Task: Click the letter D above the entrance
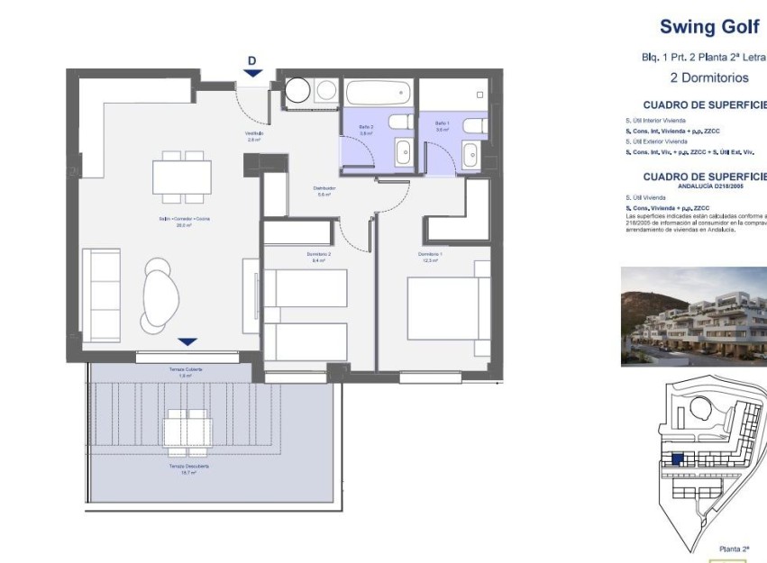click(x=252, y=60)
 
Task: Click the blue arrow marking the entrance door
click(x=252, y=74)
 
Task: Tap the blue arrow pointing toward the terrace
click(x=187, y=341)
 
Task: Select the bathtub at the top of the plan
click(x=379, y=93)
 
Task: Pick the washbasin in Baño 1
click(x=470, y=156)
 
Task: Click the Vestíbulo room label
click(x=254, y=137)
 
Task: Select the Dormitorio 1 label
click(x=431, y=256)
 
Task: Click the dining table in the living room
click(x=181, y=177)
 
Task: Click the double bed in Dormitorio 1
click(x=447, y=309)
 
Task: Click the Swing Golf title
click(x=711, y=26)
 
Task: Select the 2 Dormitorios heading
click(x=709, y=77)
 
